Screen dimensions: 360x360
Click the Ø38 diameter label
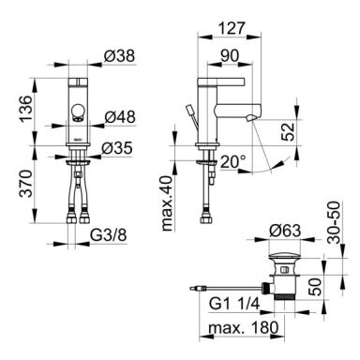[x=119, y=56]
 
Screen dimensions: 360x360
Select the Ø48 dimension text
[x=120, y=117]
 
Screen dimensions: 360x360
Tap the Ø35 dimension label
[x=117, y=148]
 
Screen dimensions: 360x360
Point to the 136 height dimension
[x=26, y=109]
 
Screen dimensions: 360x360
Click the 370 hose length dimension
[x=26, y=184]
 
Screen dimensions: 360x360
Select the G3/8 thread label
[x=109, y=235]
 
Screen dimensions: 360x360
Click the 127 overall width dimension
[x=231, y=28]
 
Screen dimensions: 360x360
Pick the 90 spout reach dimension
[x=230, y=56]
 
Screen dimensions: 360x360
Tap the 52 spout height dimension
[x=288, y=131]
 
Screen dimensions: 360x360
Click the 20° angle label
[x=232, y=162]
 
